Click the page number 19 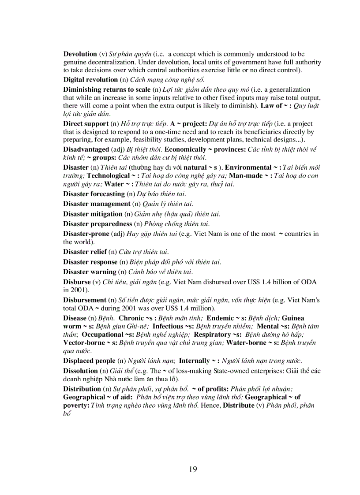193,469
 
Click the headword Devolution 80,54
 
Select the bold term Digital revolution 90,80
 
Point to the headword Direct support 86,123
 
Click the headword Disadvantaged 86,149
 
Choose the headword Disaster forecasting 94,194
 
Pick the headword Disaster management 97,204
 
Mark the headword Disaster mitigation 93,214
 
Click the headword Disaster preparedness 97,223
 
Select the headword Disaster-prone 86,234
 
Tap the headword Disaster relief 85,252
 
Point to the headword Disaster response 90,262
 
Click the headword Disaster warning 90,272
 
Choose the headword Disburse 76,282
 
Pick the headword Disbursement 85,300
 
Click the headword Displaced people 88,361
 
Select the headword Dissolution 80,371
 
